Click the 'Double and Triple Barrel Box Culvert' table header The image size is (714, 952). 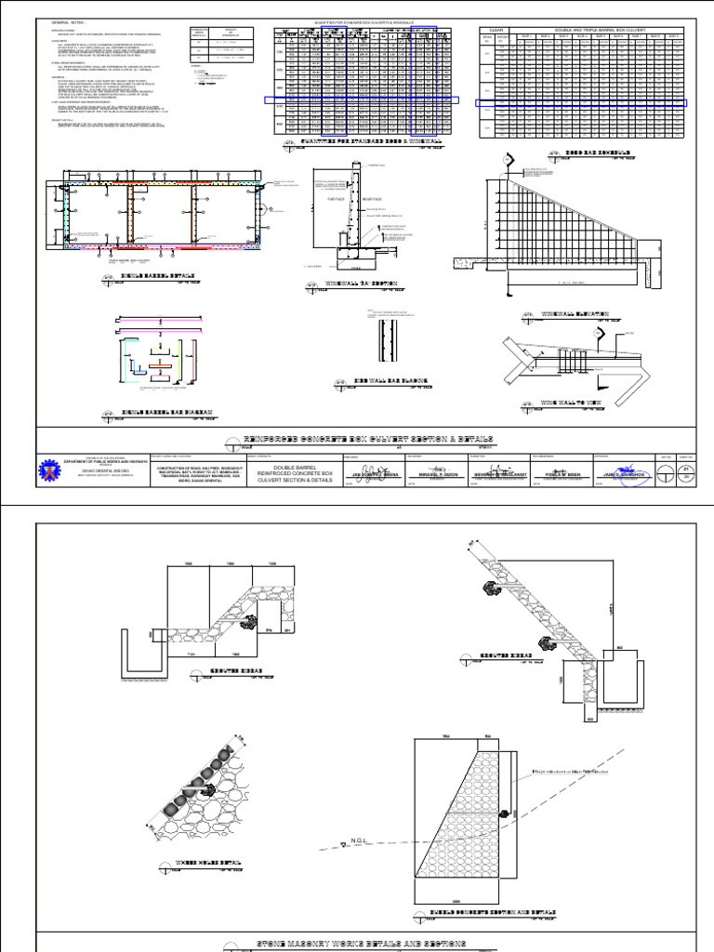pos(604,30)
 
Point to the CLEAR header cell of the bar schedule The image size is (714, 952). pos(496,30)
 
